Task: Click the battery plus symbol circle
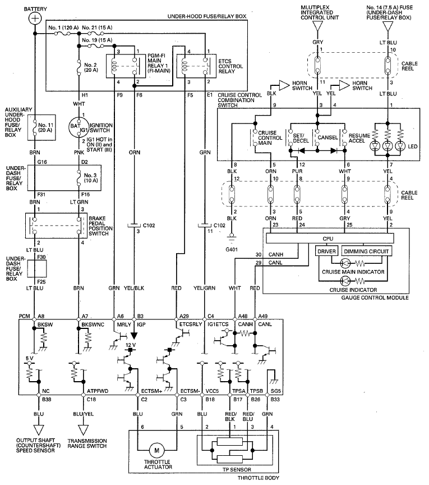click(x=35, y=19)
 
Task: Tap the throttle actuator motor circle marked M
click(x=156, y=450)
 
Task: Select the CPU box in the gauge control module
click(x=330, y=239)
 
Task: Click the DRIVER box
click(x=327, y=251)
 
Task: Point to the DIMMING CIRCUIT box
click(x=366, y=251)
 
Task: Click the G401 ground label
click(x=232, y=249)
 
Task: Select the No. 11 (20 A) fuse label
click(x=46, y=127)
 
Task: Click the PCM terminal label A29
click(x=184, y=316)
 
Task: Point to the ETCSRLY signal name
click(x=191, y=324)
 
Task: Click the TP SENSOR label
click(x=237, y=469)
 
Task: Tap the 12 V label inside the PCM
click(x=131, y=345)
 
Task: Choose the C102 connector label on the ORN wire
click(x=149, y=225)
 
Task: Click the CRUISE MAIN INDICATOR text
click(x=353, y=272)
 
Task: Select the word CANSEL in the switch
click(x=327, y=138)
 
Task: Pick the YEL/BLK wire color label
click(x=134, y=288)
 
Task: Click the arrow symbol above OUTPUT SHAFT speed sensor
click(x=39, y=429)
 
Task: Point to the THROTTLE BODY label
click(x=259, y=478)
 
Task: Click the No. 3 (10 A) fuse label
click(x=91, y=177)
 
